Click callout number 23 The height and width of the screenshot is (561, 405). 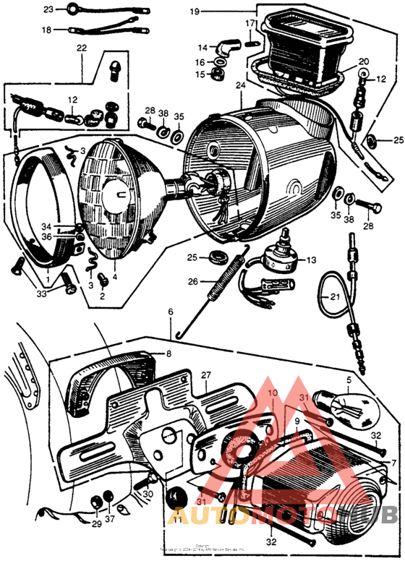(x=48, y=9)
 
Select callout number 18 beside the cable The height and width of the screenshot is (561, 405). (x=47, y=30)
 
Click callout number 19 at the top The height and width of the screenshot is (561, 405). (x=194, y=12)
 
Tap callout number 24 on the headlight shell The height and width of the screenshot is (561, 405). (x=239, y=85)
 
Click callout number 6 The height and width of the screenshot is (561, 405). (x=171, y=312)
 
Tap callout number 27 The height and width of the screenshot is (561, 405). (x=206, y=375)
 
